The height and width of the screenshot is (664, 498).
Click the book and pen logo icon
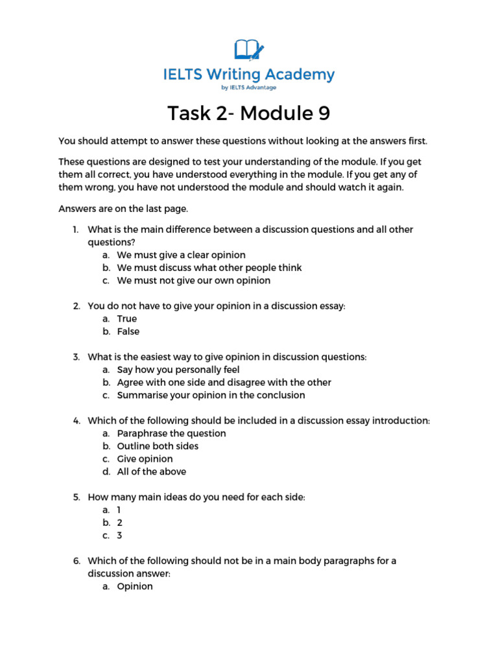(x=249, y=50)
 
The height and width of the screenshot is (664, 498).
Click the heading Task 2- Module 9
(x=249, y=113)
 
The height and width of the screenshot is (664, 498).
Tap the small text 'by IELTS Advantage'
(x=249, y=88)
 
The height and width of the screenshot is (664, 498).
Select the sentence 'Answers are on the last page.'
(x=124, y=209)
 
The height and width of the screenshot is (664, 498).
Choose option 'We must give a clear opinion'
(x=181, y=255)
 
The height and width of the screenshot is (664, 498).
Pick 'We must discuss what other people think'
(x=200, y=268)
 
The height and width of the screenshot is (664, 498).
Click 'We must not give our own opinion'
(x=193, y=281)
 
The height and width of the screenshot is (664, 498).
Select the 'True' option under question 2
(x=127, y=318)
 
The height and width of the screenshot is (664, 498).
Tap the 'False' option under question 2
(x=128, y=331)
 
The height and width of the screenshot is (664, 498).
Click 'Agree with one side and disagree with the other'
(x=224, y=383)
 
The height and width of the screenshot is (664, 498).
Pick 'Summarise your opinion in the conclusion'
(x=211, y=395)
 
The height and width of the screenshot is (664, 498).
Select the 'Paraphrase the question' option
(x=171, y=433)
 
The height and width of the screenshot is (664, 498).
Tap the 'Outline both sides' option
(x=158, y=446)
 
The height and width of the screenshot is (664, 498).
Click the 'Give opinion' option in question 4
(x=145, y=459)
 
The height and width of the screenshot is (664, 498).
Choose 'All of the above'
(x=151, y=471)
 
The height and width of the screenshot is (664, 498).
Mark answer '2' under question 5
(x=119, y=523)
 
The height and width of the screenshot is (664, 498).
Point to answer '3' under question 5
(x=119, y=536)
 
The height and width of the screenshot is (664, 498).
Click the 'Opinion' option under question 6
(x=135, y=586)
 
